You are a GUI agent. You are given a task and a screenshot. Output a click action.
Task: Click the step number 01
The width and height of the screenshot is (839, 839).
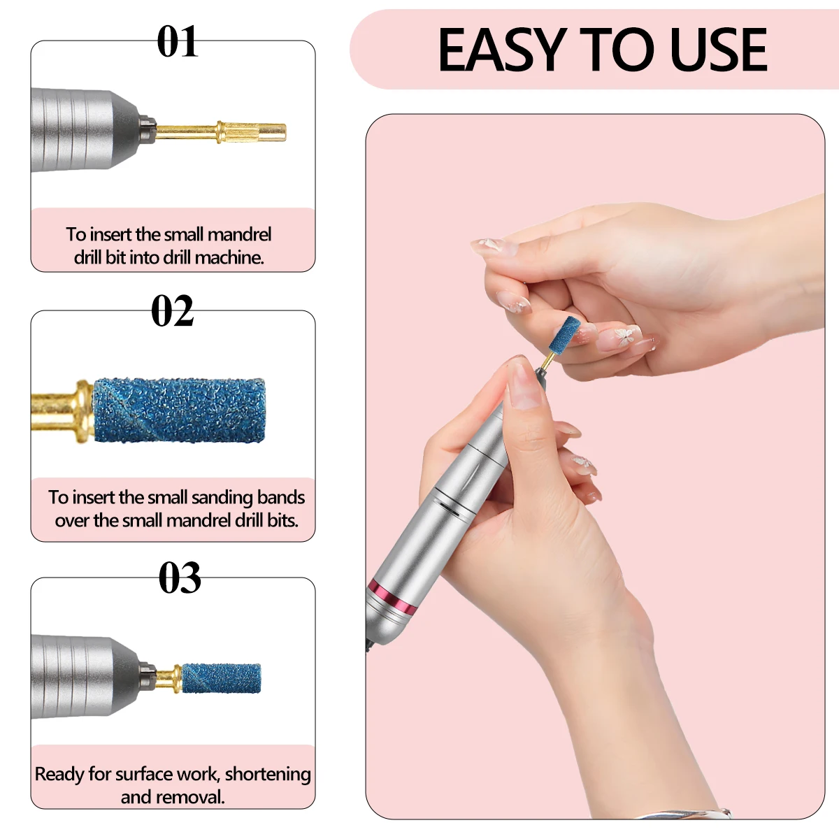(x=178, y=42)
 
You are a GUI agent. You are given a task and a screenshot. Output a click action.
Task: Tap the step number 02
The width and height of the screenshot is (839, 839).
(x=172, y=312)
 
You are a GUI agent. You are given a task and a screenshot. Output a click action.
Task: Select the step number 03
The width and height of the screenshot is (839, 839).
(x=179, y=579)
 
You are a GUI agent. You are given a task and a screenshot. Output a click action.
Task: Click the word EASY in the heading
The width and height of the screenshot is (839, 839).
(x=501, y=50)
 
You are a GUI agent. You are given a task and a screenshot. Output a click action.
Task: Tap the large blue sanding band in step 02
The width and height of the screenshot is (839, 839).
(x=179, y=411)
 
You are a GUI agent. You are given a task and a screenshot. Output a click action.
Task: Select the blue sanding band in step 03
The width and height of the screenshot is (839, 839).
(x=221, y=678)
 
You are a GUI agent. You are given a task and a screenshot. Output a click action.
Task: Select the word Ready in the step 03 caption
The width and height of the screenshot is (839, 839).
(x=59, y=774)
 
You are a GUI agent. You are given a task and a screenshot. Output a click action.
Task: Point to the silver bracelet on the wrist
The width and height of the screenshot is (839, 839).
(x=692, y=813)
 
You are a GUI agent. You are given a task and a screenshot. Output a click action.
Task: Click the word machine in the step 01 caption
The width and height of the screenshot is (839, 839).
(x=229, y=257)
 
